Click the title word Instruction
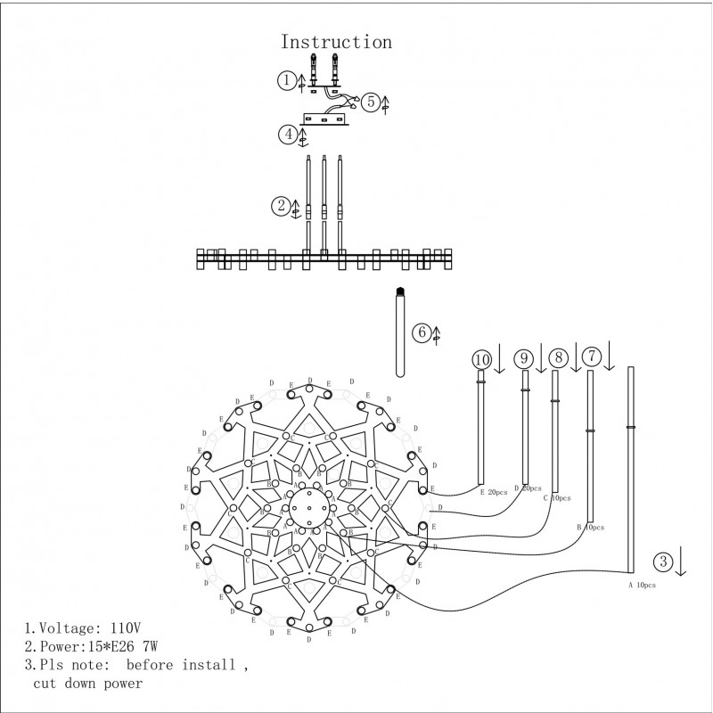(x=336, y=42)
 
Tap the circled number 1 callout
(x=285, y=80)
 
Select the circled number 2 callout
(x=280, y=205)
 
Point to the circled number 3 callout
(x=662, y=561)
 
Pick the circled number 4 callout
(x=287, y=135)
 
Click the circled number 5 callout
(x=372, y=101)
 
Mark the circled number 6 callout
(x=421, y=332)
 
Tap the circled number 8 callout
(x=558, y=357)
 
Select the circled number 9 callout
(x=525, y=357)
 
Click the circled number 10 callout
(x=482, y=358)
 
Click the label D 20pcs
(x=528, y=489)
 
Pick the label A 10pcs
(x=642, y=585)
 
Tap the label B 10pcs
(x=591, y=528)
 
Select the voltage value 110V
(x=114, y=627)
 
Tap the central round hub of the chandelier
(x=307, y=511)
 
